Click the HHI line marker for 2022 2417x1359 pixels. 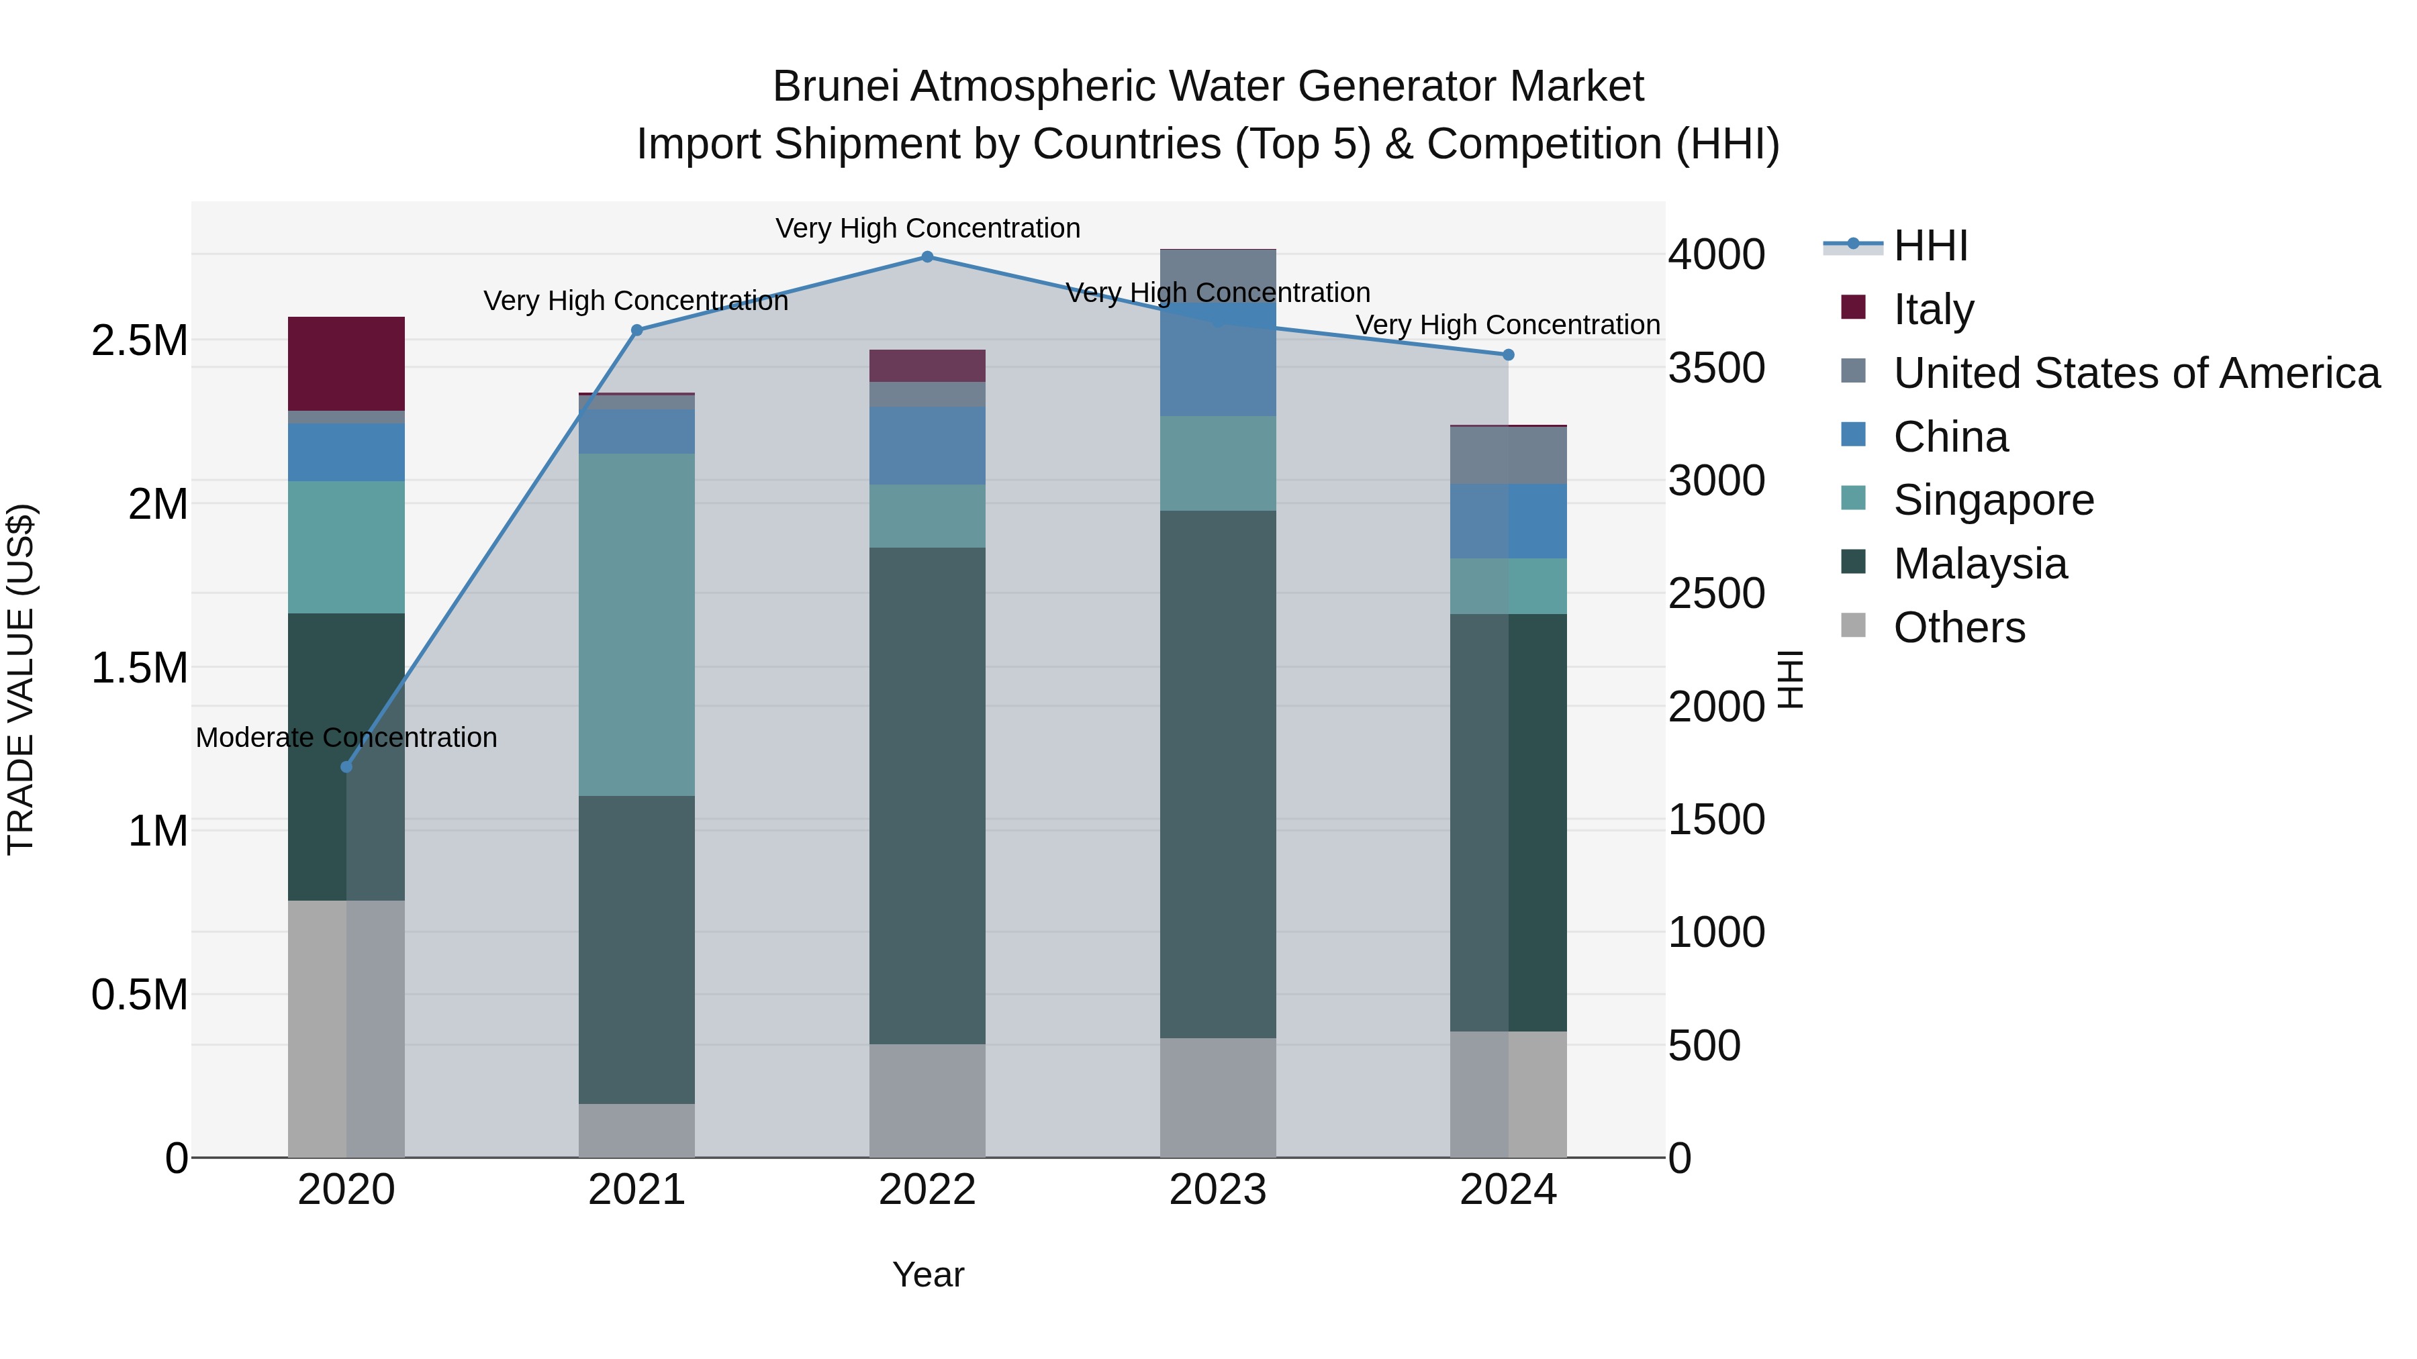coord(927,257)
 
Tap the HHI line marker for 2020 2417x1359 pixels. coord(346,767)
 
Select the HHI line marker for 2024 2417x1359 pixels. coord(1508,354)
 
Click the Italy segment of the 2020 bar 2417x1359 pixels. coord(346,364)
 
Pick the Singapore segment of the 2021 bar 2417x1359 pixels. coord(636,625)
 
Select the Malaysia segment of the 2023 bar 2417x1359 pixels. coord(1217,774)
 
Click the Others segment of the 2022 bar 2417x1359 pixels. coord(927,1100)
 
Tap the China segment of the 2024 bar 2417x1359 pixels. coord(1508,521)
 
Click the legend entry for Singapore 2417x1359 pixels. coord(1993,500)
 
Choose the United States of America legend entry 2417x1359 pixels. coord(2136,373)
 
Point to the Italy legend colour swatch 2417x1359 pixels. coord(1853,307)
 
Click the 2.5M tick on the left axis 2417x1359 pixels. coord(140,342)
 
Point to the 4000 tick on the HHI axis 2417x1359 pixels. coord(1716,255)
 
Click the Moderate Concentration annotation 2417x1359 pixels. coord(346,738)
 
